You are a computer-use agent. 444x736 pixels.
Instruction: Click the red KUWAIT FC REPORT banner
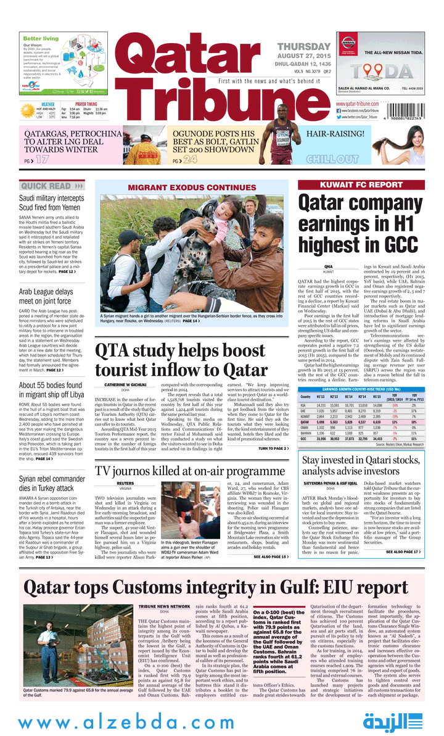(x=360, y=184)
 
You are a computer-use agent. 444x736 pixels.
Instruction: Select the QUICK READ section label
(x=47, y=186)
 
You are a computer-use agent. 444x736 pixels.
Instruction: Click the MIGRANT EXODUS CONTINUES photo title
(x=191, y=188)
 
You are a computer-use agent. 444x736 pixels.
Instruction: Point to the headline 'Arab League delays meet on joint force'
(x=46, y=296)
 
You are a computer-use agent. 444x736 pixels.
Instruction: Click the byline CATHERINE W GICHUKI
(x=125, y=385)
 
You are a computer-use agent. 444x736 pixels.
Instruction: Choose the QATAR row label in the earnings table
(x=305, y=421)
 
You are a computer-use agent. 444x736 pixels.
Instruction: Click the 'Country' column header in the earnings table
(x=305, y=396)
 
